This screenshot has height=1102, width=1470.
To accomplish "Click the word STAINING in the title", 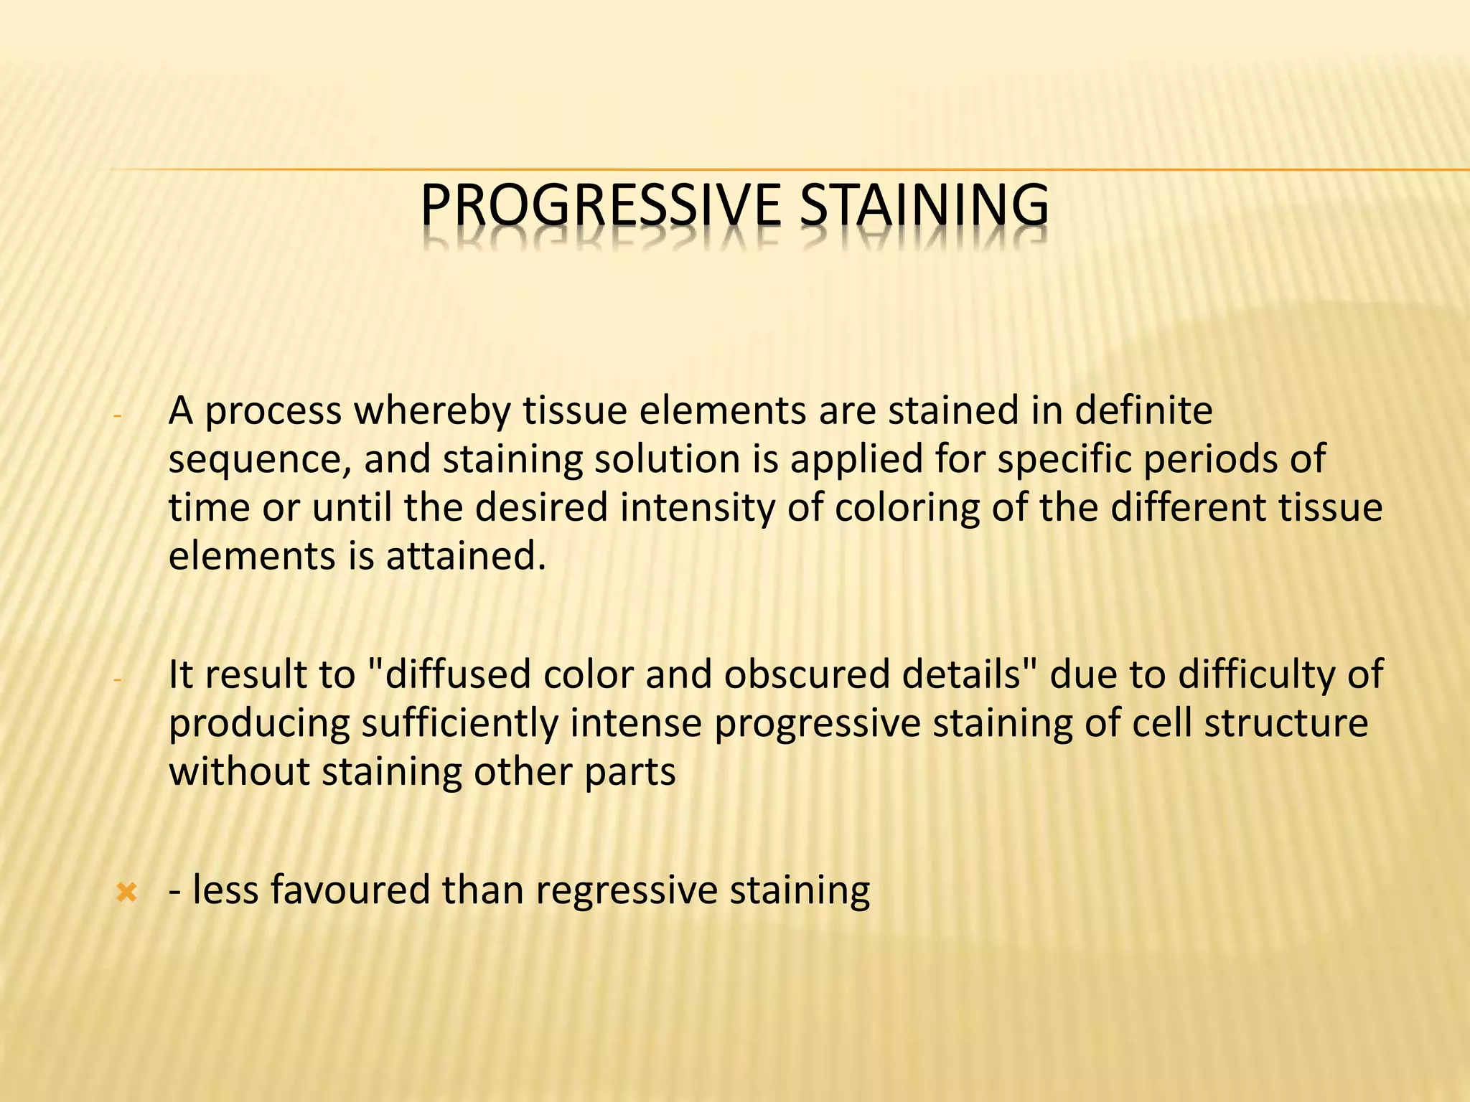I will point(924,206).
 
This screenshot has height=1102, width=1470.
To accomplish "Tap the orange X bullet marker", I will point(126,893).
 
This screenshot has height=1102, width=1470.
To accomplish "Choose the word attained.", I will point(466,555).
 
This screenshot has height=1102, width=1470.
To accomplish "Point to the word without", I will point(238,772).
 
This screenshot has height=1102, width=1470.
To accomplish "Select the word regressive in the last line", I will point(626,890).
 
